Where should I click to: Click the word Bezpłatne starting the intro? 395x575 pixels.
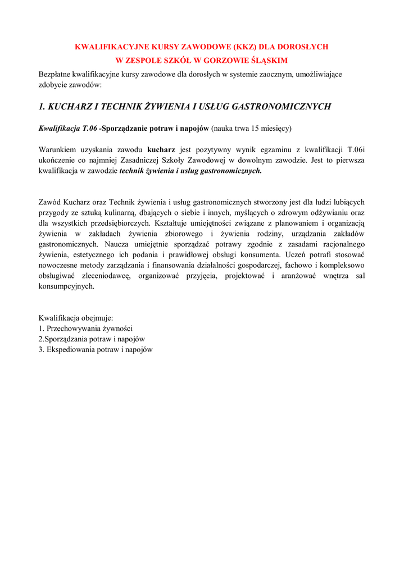coord(56,74)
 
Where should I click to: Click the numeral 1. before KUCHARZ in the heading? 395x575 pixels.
coord(42,106)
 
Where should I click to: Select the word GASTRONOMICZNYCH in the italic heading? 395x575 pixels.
coord(281,106)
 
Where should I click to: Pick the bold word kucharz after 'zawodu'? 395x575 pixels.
coord(161,150)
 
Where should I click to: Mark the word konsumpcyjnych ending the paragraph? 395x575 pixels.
coord(66,286)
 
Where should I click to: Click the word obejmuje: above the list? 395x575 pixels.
coord(99,317)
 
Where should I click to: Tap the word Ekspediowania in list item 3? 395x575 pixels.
coord(71,349)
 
